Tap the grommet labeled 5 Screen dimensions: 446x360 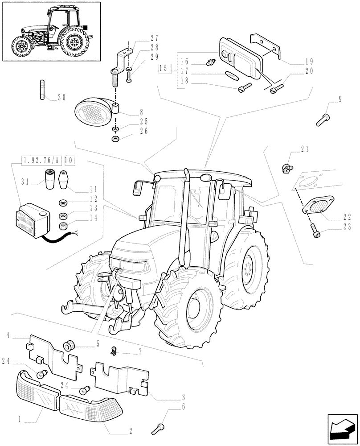coord(69,345)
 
